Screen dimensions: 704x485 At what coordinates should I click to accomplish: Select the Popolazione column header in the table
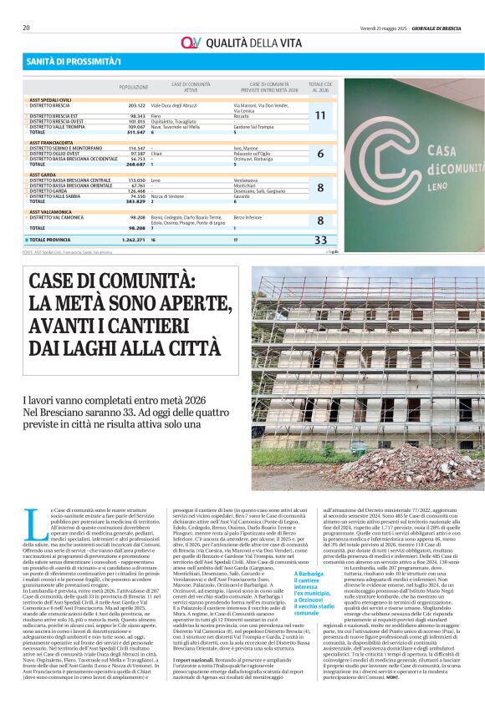134,86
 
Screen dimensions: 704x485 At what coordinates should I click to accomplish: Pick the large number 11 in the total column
320,115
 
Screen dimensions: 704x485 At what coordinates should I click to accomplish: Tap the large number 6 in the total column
320,154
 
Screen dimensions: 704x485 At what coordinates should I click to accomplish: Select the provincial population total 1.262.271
134,240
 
